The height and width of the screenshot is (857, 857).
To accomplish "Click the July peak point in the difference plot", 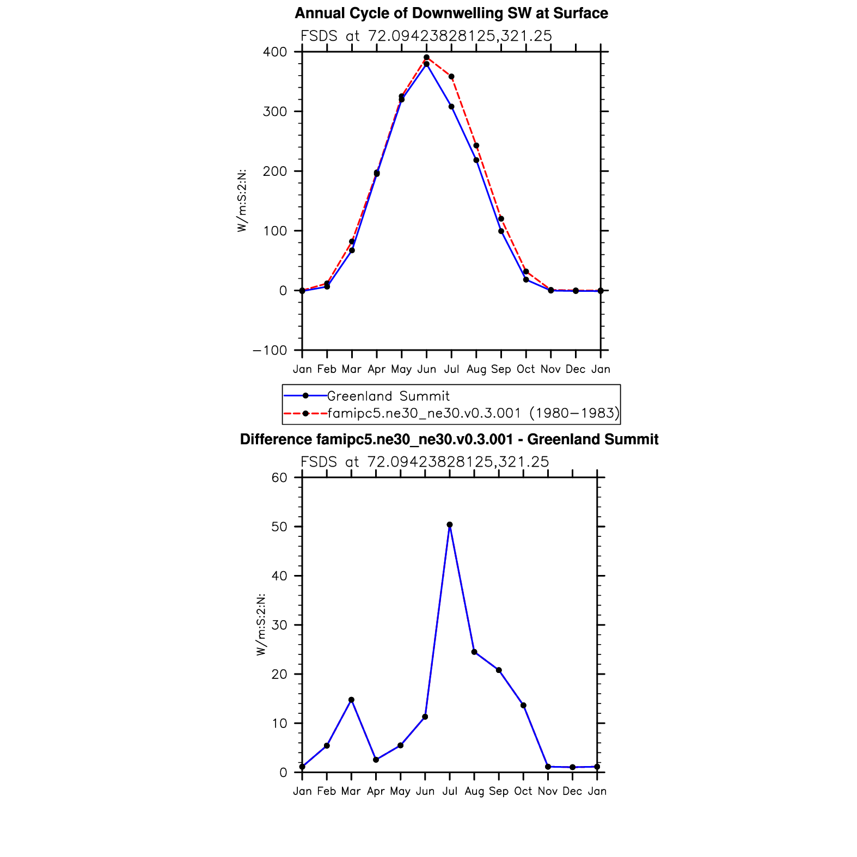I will [x=450, y=525].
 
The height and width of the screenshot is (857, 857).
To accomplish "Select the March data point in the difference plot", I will [x=351, y=700].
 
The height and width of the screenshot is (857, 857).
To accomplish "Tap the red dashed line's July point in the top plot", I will [x=451, y=77].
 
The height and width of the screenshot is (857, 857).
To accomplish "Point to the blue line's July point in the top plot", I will [x=451, y=107].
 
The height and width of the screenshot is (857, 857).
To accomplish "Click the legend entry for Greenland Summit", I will [x=388, y=396].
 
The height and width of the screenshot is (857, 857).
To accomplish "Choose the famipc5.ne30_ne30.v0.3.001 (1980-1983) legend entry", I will [x=473, y=413].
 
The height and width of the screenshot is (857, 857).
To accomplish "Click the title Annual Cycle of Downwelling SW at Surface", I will [x=451, y=13].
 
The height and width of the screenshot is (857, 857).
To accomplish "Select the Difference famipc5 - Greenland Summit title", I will [x=449, y=439].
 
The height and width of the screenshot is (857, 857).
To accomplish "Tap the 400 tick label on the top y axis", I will [x=275, y=52].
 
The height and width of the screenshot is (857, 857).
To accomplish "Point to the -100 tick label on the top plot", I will [x=270, y=351].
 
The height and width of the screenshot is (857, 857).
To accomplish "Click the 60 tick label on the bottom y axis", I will [x=279, y=478].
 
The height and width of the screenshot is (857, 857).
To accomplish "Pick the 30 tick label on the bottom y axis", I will [x=279, y=625].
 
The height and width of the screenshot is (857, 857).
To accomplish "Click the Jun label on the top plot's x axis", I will [x=426, y=369].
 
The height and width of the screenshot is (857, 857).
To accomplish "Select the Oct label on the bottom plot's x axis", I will [x=523, y=791].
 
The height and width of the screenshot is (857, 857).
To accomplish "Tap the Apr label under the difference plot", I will [x=376, y=791].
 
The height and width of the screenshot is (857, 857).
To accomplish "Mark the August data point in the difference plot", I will [x=474, y=652].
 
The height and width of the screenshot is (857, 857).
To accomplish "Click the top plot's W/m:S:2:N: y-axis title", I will [x=242, y=200].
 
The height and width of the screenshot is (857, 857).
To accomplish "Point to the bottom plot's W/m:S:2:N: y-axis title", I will [x=261, y=624].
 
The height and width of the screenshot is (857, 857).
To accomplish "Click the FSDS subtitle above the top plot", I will [x=426, y=36].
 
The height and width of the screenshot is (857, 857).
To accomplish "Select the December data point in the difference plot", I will [x=572, y=767].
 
